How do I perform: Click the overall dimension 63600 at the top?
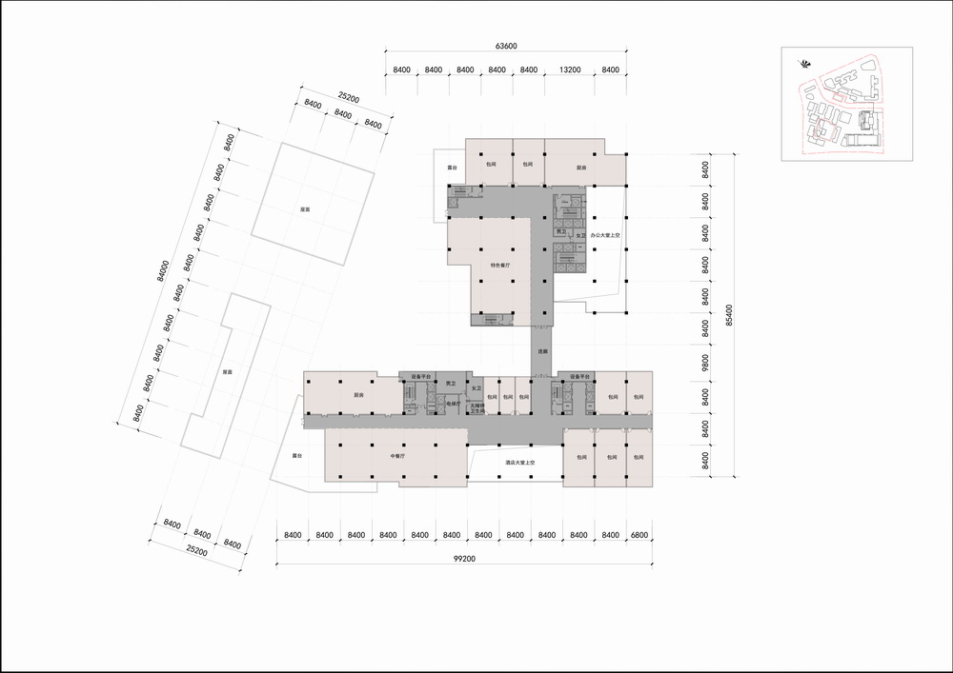(x=506, y=46)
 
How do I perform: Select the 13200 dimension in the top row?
(x=570, y=69)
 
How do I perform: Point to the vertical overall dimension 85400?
(x=729, y=315)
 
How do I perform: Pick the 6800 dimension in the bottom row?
(x=638, y=535)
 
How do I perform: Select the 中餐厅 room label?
(x=398, y=457)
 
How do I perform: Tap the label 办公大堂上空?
(x=605, y=233)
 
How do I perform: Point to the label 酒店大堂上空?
(x=522, y=463)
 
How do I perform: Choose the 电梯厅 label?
(x=454, y=404)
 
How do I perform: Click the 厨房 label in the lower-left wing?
(x=358, y=394)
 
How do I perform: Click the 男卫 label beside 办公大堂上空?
(x=562, y=231)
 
